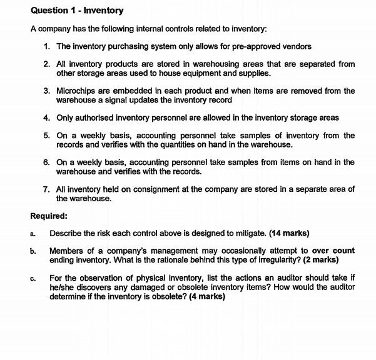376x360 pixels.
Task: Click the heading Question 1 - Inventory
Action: (x=77, y=11)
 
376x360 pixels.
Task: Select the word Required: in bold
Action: (x=49, y=216)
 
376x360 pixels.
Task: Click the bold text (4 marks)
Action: (x=203, y=296)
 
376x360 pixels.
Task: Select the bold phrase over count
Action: (x=333, y=251)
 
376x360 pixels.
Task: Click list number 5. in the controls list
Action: (x=47, y=136)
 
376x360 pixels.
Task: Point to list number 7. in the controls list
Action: (x=47, y=189)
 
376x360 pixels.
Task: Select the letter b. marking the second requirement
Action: (x=33, y=251)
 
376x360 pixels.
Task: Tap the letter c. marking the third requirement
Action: (x=33, y=277)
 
